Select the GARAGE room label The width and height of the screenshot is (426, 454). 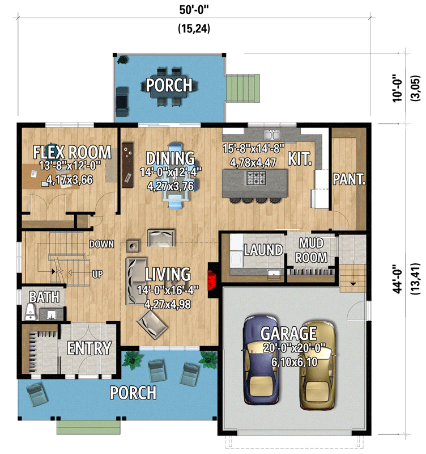pyautogui.click(x=288, y=333)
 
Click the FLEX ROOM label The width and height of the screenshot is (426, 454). pyautogui.click(x=72, y=152)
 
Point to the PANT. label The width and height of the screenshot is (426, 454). pyautogui.click(x=349, y=180)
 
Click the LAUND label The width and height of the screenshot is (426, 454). pyautogui.click(x=263, y=250)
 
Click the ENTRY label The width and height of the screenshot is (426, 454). pyautogui.click(x=89, y=348)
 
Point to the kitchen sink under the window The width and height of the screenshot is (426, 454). pyautogui.click(x=273, y=135)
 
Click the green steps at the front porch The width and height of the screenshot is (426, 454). pyautogui.click(x=88, y=426)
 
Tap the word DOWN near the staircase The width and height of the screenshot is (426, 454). pyautogui.click(x=101, y=245)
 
